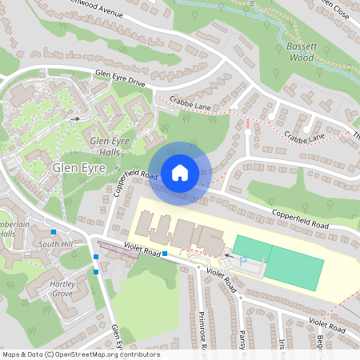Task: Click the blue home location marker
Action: pos(180,172)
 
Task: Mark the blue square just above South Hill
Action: pos(54,231)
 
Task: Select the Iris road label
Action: pos(282,344)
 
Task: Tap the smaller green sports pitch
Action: pos(253,248)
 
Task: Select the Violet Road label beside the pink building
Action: pos(130,250)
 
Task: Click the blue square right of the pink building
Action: pos(165,254)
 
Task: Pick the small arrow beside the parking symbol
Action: pos(227,257)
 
